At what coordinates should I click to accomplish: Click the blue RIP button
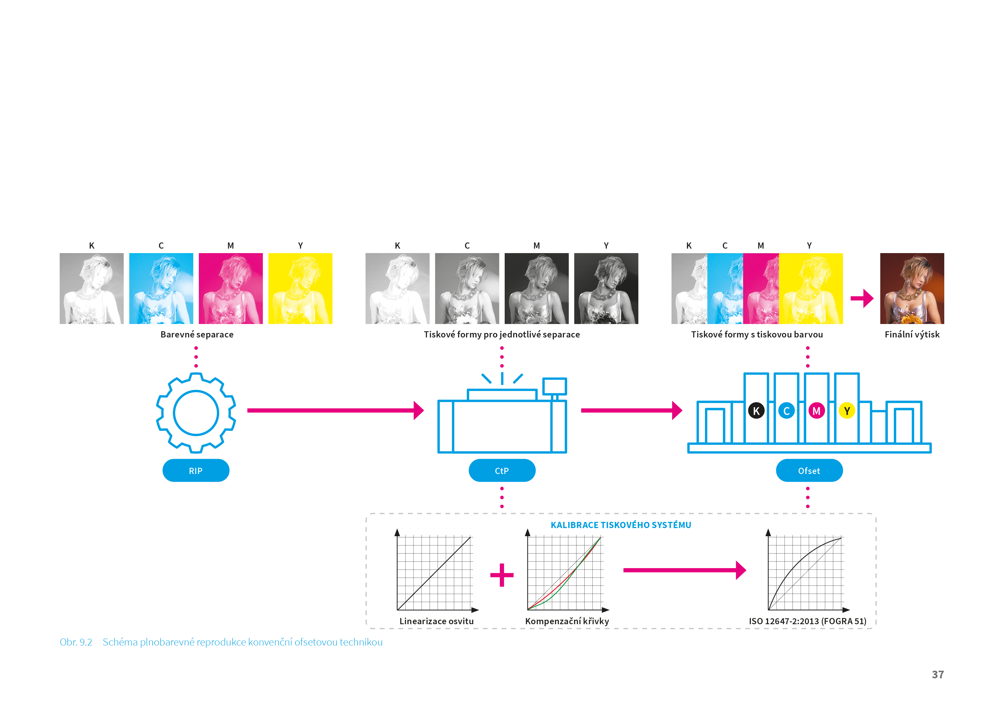coord(196,471)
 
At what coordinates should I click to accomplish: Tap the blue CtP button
coord(502,471)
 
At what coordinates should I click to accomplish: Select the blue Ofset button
coord(809,471)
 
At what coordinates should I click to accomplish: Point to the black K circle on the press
coord(756,411)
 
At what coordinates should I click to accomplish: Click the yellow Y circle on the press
coord(846,411)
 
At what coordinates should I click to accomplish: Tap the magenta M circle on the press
coord(816,411)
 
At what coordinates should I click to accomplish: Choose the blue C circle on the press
coord(786,411)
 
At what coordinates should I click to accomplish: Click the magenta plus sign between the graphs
coord(502,575)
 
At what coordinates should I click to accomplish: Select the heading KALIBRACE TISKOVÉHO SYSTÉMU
coord(621,525)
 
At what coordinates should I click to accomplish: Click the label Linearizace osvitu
coord(436,621)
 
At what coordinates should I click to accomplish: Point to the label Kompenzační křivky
coord(567,621)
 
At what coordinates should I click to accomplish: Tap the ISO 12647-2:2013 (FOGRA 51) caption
coord(808,621)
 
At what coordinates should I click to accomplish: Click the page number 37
coord(938,674)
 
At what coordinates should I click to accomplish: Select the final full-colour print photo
coord(912,288)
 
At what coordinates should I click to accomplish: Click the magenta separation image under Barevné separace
coord(230,288)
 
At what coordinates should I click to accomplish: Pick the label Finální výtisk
coord(912,335)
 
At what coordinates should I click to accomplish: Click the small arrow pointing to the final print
coord(862,299)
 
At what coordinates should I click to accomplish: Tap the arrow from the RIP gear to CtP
coord(335,410)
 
